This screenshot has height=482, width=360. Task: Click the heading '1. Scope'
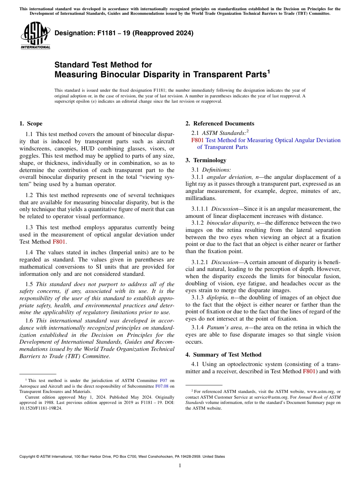pyautogui.click(x=31, y=124)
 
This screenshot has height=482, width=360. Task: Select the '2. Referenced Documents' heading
pyautogui.click(x=220, y=124)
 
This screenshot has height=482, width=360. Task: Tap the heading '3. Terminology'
pyautogui.click(x=206, y=160)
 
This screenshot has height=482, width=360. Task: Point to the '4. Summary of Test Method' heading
pyautogui.click(x=223, y=355)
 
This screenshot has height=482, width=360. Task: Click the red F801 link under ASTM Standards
pyautogui.click(x=197, y=140)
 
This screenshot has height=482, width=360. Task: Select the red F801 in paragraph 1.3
pyautogui.click(x=59, y=242)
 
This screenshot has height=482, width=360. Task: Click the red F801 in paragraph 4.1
pyautogui.click(x=309, y=371)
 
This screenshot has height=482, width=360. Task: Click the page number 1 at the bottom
pyautogui.click(x=180, y=466)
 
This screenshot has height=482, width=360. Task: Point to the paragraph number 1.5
pyautogui.click(x=29, y=284)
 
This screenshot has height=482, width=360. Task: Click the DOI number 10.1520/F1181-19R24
pyautogui.click(x=41, y=408)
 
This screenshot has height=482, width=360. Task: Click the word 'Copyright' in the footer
pyautogui.click(x=28, y=457)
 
